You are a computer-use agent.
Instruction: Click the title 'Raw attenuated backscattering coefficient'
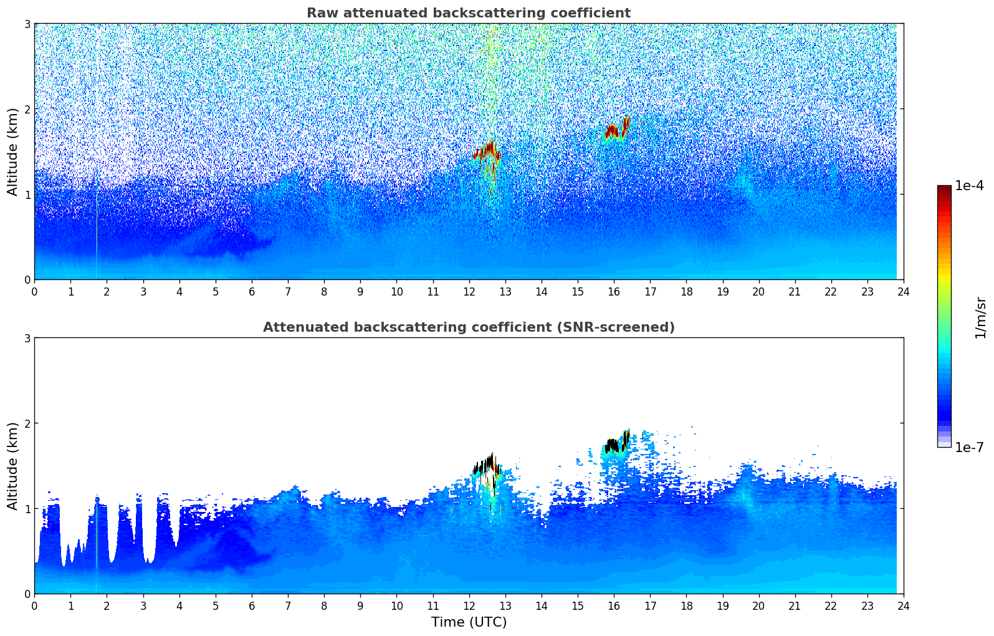pos(469,13)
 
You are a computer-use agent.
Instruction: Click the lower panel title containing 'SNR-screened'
pos(469,327)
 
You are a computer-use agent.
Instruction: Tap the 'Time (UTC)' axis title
pos(469,622)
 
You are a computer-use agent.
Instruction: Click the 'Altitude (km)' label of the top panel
pos(12,152)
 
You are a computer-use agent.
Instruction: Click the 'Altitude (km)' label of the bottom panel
pos(12,466)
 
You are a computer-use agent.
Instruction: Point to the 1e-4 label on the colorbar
pos(969,186)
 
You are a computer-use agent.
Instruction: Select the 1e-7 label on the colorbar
pos(969,447)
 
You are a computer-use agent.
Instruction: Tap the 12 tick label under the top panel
pos(469,291)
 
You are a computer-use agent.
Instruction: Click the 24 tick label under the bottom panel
pos(904,606)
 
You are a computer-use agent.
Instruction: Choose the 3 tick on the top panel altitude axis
pos(27,24)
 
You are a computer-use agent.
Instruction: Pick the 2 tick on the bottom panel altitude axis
pos(27,423)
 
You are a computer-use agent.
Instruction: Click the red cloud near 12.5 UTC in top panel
pos(487,152)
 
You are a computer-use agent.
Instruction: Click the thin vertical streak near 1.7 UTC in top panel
pos(97,222)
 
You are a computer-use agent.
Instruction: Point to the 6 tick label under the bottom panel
pos(252,606)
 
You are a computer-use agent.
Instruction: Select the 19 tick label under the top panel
pos(723,291)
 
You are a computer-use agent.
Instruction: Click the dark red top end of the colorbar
pos(945,188)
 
